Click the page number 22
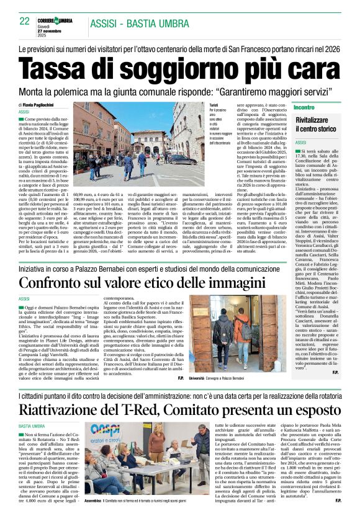pos(25,21)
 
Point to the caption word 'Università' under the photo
pos(197,378)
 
